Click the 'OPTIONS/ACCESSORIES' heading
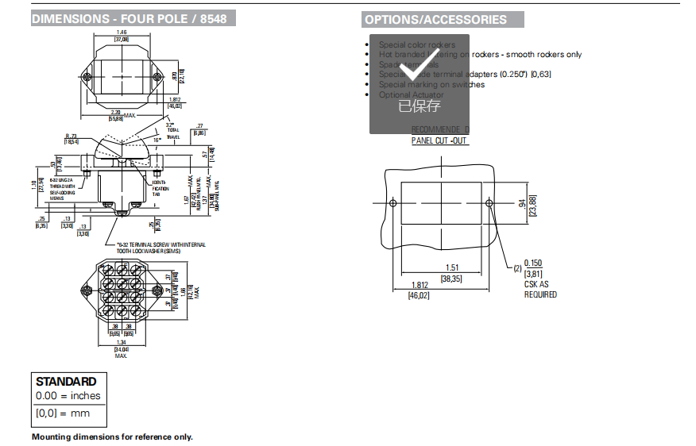435,20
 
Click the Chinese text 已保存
419,106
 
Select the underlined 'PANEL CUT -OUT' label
439,140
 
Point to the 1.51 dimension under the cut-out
452,268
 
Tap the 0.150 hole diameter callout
532,263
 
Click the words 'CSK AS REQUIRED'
540,289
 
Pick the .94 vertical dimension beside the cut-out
522,205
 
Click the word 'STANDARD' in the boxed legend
66,382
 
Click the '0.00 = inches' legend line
68,396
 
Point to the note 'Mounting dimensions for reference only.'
112,436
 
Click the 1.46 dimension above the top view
122,32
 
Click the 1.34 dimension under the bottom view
122,342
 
